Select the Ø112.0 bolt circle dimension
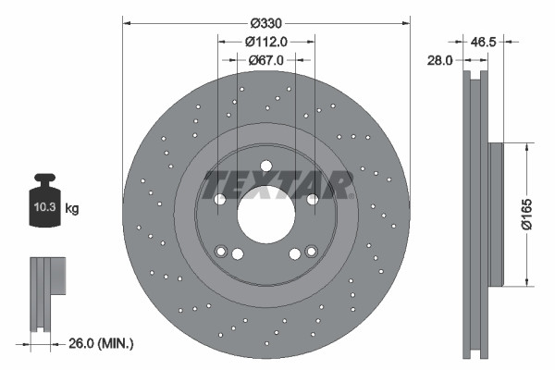pyautogui.click(x=266, y=41)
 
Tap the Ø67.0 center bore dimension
pyautogui.click(x=266, y=59)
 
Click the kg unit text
pyautogui.click(x=72, y=209)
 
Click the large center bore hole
pyautogui.click(x=266, y=216)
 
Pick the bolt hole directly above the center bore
pyautogui.click(x=266, y=166)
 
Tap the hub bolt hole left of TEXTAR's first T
pyautogui.click(x=220, y=199)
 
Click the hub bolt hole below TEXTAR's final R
pyautogui.click(x=313, y=199)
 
